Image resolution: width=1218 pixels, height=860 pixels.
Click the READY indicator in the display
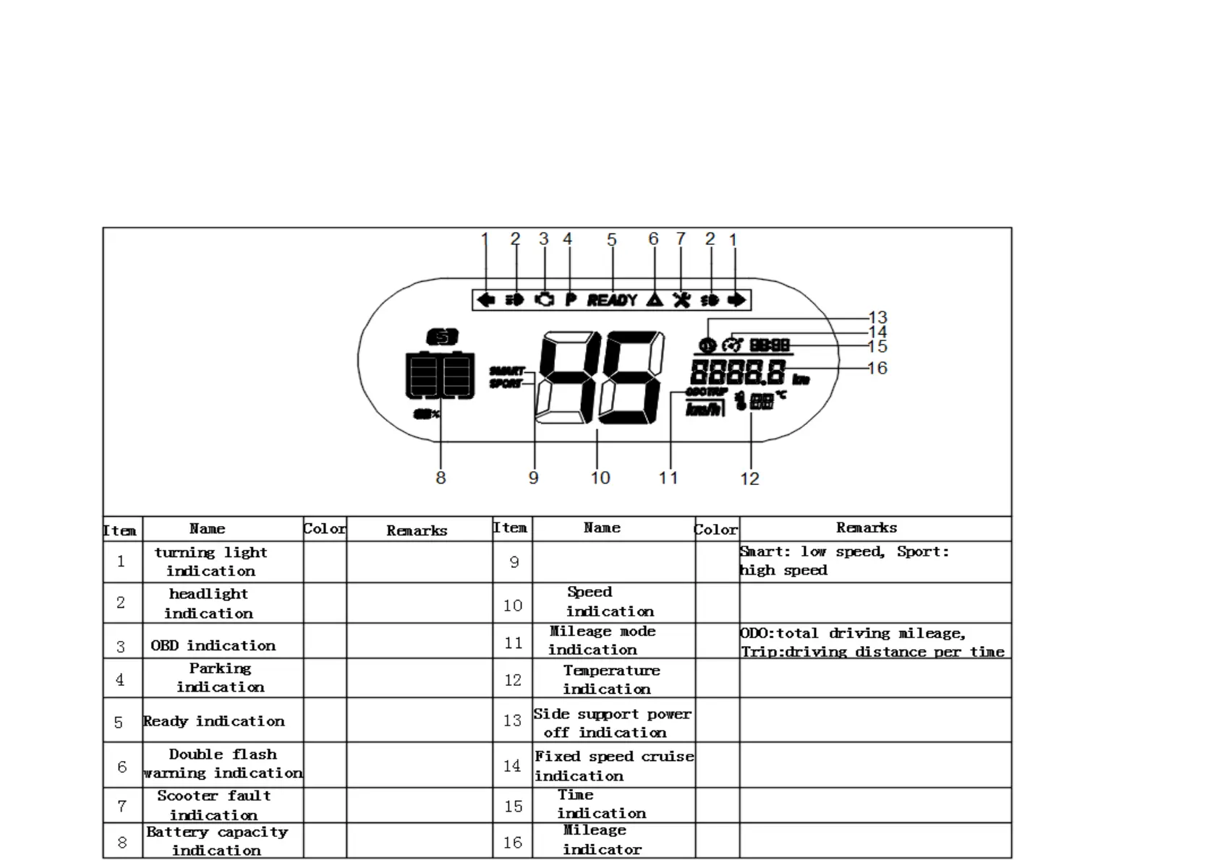[x=612, y=300]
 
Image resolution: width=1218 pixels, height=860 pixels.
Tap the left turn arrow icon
[x=486, y=300]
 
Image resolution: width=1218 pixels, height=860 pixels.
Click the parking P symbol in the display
[x=570, y=300]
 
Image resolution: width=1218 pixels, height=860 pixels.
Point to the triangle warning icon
[x=655, y=300]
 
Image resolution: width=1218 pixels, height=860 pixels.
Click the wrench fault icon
[x=681, y=300]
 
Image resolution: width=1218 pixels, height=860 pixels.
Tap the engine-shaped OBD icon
[x=544, y=300]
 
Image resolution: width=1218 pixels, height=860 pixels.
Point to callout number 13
[x=877, y=318]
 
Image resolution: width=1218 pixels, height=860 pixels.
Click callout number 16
[x=877, y=369]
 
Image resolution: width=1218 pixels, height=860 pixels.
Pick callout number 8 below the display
[x=440, y=478]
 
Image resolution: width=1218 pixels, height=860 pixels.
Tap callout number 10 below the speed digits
[x=600, y=478]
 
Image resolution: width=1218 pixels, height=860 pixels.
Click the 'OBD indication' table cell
[x=213, y=645]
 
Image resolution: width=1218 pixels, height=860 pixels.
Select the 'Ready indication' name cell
[x=214, y=721]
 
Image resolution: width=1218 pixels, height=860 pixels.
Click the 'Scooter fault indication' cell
[x=214, y=805]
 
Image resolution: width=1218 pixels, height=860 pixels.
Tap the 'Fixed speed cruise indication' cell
[x=613, y=766]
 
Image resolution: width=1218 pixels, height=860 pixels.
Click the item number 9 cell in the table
[x=514, y=562]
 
